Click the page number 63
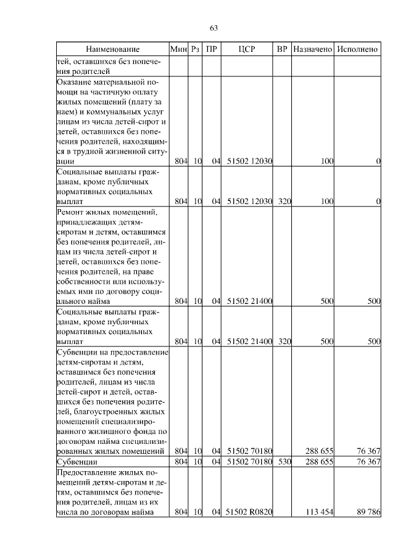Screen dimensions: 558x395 214,28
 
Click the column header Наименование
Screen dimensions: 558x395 112,49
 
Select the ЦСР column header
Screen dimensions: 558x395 246,49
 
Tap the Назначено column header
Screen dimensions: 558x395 313,49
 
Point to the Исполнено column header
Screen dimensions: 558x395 358,49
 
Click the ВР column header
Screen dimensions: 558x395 282,49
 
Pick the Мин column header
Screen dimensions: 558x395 178,49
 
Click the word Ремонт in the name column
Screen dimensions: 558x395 73,212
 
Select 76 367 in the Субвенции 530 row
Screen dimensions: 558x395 367,461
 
